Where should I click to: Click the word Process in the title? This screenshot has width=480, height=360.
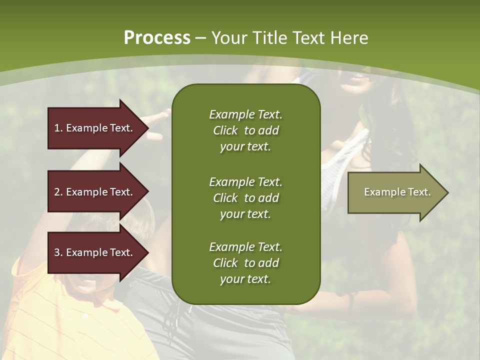pos(157,37)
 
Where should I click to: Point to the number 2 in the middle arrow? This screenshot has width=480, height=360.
pos(57,192)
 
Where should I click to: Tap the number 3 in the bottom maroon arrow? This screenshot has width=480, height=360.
pos(57,252)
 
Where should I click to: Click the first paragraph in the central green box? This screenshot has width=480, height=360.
pos(245,130)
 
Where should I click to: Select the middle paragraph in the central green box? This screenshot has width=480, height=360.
pos(245,198)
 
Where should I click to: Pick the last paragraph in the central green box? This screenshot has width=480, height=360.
pos(245,263)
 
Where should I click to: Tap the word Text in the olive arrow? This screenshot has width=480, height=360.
pos(419,192)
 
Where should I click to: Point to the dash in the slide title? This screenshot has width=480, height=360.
pos(200,38)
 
